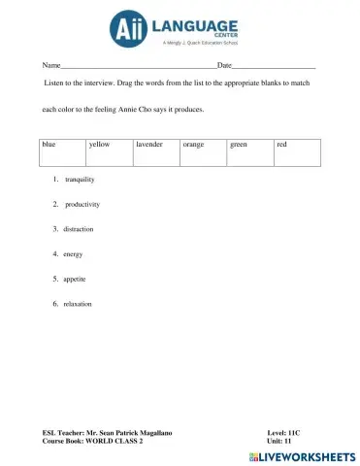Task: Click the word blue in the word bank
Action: point(49,145)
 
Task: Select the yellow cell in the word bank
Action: point(98,145)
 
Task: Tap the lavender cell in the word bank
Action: point(148,145)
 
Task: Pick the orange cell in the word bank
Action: point(193,145)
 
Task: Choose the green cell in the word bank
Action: point(239,145)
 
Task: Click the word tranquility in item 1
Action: point(80,181)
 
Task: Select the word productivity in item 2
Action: point(82,205)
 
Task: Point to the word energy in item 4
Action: point(73,254)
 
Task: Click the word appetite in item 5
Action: point(75,279)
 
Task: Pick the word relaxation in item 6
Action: point(78,304)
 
